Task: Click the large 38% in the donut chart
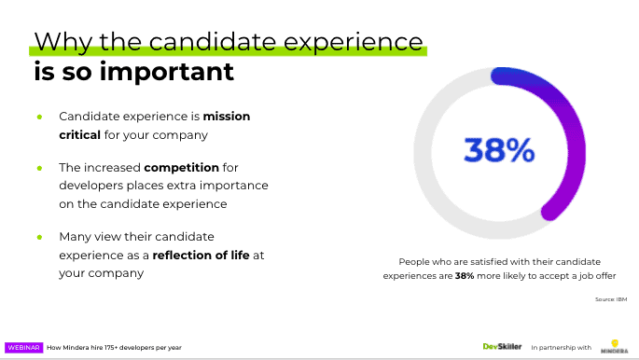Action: point(499,149)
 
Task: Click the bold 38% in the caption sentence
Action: point(465,276)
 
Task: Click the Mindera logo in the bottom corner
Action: point(613,345)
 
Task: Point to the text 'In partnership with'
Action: point(561,347)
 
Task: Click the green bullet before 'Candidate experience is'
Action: point(39,117)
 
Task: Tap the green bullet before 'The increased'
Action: point(39,168)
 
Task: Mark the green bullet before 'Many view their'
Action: point(39,237)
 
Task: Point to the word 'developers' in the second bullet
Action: point(89,186)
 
